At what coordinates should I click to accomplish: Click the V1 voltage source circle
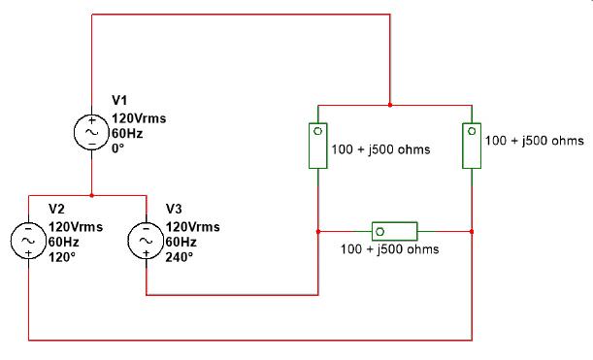click(x=92, y=133)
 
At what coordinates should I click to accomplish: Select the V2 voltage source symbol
click(x=29, y=240)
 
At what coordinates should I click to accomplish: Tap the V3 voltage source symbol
click(x=146, y=240)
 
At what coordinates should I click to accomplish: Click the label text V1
click(x=119, y=100)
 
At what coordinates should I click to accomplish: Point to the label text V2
click(x=56, y=208)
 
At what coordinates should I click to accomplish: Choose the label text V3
click(x=174, y=209)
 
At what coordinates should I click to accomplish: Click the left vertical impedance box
click(x=318, y=146)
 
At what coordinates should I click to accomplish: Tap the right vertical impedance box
click(x=471, y=145)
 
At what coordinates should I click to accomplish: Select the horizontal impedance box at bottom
click(x=394, y=231)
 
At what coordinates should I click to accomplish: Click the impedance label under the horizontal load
click(x=389, y=249)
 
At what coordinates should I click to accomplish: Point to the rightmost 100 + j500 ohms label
click(x=534, y=140)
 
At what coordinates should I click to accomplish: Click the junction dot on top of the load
click(x=390, y=104)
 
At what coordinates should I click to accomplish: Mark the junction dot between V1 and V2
click(x=92, y=195)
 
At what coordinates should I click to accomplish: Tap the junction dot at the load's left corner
click(x=318, y=231)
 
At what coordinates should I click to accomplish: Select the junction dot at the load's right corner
click(x=471, y=231)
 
